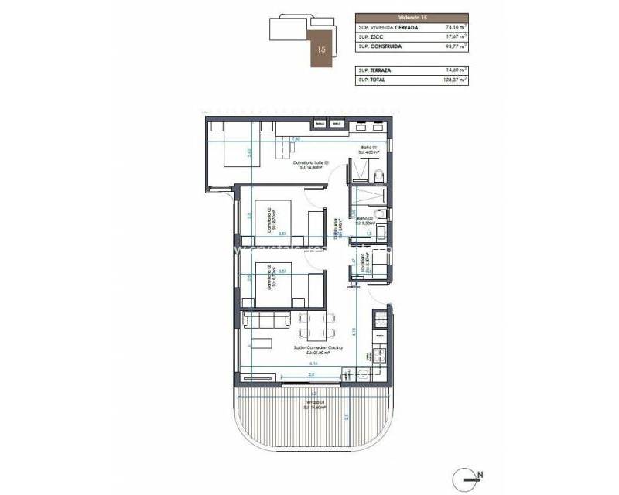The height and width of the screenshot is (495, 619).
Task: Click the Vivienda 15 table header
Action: pos(412,17)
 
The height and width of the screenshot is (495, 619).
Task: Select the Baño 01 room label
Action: pos(368,148)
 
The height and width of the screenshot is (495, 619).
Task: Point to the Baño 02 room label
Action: pos(366,219)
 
